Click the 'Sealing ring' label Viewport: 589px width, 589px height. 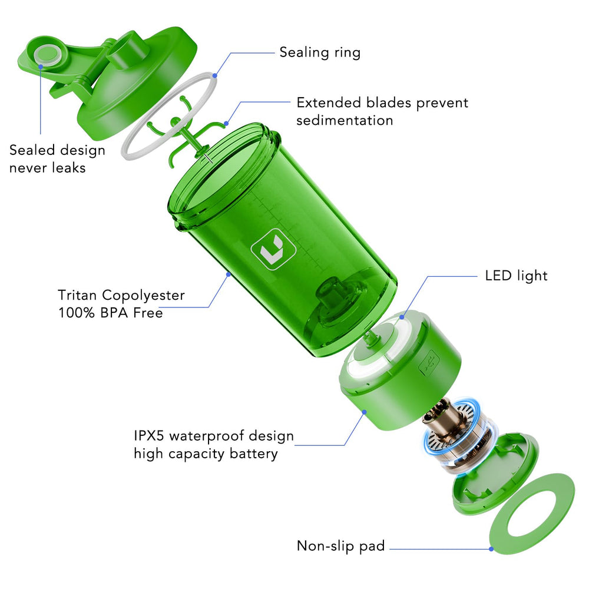click(320, 52)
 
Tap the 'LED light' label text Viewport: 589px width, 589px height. click(516, 276)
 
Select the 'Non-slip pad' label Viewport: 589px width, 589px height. click(340, 546)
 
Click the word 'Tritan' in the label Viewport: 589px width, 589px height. click(77, 295)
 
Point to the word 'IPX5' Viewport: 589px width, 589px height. click(149, 436)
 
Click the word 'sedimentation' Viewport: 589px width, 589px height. click(345, 121)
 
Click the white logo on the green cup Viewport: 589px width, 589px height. click(273, 249)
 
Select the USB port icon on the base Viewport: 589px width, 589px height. click(429, 362)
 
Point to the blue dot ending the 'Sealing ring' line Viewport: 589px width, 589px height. click(214, 75)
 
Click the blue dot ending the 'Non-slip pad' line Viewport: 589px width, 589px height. click(491, 549)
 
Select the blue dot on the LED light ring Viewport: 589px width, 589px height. click(402, 317)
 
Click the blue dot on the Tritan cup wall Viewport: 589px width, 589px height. click(228, 274)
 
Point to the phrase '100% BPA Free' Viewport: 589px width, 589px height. click(111, 313)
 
